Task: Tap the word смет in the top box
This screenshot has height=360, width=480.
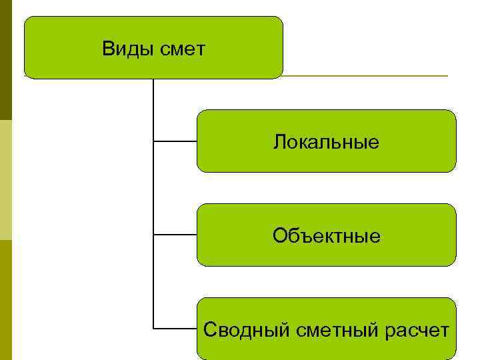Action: tap(183, 49)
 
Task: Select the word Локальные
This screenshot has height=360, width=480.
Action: tap(326, 142)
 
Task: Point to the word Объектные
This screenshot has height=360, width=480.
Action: tap(327, 236)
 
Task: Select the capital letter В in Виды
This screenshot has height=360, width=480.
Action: tap(108, 49)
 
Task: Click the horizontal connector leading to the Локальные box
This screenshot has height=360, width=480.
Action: tap(175, 141)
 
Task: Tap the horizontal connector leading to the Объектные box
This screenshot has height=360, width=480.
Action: tap(175, 235)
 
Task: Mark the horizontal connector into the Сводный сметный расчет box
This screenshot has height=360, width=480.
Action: tap(175, 329)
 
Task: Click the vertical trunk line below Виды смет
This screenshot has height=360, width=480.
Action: tap(153, 200)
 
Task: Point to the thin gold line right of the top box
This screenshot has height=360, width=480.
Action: tap(367, 76)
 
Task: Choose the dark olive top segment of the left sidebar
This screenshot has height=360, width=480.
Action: tap(5, 60)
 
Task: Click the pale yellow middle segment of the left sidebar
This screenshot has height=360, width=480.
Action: tap(5, 180)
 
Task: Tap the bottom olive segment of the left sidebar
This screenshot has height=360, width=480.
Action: tap(5, 300)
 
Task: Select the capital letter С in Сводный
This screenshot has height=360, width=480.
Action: tap(209, 330)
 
